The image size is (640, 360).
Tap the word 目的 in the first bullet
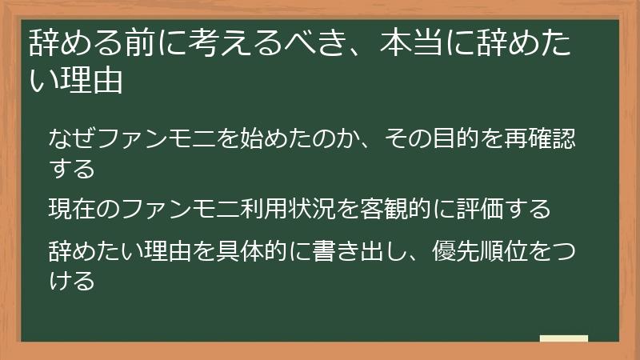[442, 138]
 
